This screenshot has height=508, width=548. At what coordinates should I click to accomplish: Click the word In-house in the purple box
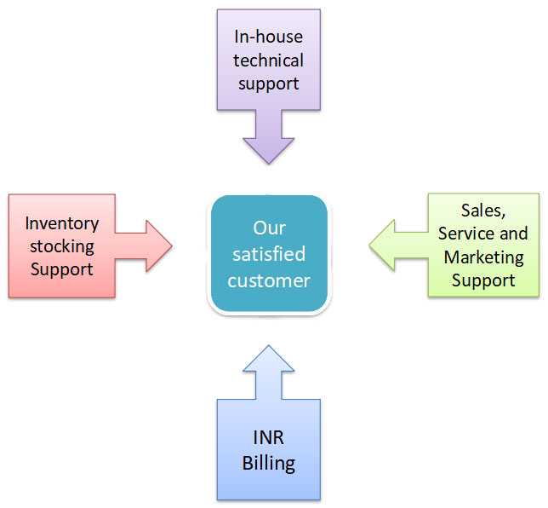click(x=268, y=37)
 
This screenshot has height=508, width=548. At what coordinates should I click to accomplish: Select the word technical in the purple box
click(x=268, y=60)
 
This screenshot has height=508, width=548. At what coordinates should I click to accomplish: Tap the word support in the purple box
click(x=268, y=84)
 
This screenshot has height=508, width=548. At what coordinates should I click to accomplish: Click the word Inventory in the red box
click(x=61, y=223)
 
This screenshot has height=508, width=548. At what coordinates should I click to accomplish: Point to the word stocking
click(x=61, y=246)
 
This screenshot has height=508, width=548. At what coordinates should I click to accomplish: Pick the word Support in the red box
click(x=61, y=269)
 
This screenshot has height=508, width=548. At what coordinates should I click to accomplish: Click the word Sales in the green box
click(x=482, y=210)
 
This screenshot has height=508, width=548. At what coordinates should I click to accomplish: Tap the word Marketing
click(x=483, y=256)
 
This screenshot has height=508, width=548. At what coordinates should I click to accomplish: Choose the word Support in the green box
click(x=483, y=280)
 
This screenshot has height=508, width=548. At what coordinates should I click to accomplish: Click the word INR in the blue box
click(x=268, y=440)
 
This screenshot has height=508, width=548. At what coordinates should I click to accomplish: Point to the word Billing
click(x=268, y=464)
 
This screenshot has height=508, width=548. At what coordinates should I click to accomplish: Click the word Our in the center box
click(x=269, y=228)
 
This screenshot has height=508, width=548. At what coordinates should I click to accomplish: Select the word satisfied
click(x=269, y=254)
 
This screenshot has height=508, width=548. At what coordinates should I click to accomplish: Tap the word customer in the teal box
click(x=269, y=280)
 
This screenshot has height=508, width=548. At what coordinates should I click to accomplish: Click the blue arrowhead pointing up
click(x=269, y=356)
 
